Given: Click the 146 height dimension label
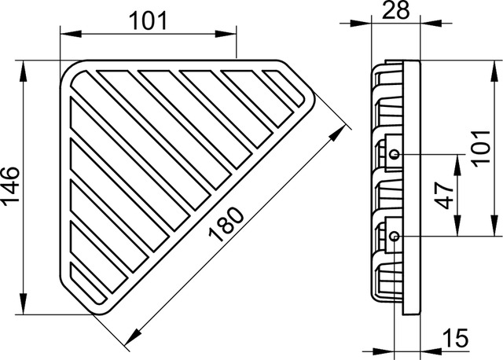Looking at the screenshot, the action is pyautogui.click(x=10, y=186).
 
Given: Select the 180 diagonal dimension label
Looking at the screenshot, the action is pyautogui.click(x=226, y=224).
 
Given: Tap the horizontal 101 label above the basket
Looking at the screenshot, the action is pyautogui.click(x=148, y=21).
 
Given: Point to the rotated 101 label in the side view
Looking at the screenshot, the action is pyautogui.click(x=482, y=149).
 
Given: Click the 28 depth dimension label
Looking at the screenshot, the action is pyautogui.click(x=396, y=9).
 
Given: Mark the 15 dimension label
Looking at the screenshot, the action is pyautogui.click(x=455, y=338).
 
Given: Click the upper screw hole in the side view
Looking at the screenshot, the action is pyautogui.click(x=395, y=154).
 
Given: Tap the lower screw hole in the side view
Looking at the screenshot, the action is pyautogui.click(x=395, y=237).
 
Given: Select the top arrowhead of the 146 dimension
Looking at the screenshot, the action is pyautogui.click(x=23, y=72).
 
